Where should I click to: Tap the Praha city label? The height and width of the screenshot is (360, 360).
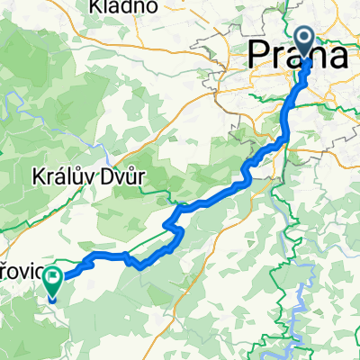(x=300, y=57)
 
